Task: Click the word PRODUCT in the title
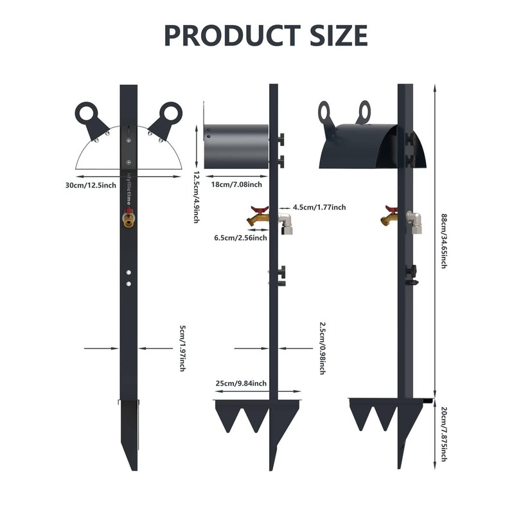tap(232, 35)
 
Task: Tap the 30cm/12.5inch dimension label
tap(91, 186)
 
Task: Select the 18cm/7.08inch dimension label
tap(236, 184)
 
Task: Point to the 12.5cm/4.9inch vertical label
tap(196, 197)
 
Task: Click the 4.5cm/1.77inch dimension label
tap(319, 207)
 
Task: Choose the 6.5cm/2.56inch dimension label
tap(240, 238)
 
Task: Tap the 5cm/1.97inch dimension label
tap(183, 348)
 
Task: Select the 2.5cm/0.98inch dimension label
tap(323, 348)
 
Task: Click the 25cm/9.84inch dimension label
tap(242, 384)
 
